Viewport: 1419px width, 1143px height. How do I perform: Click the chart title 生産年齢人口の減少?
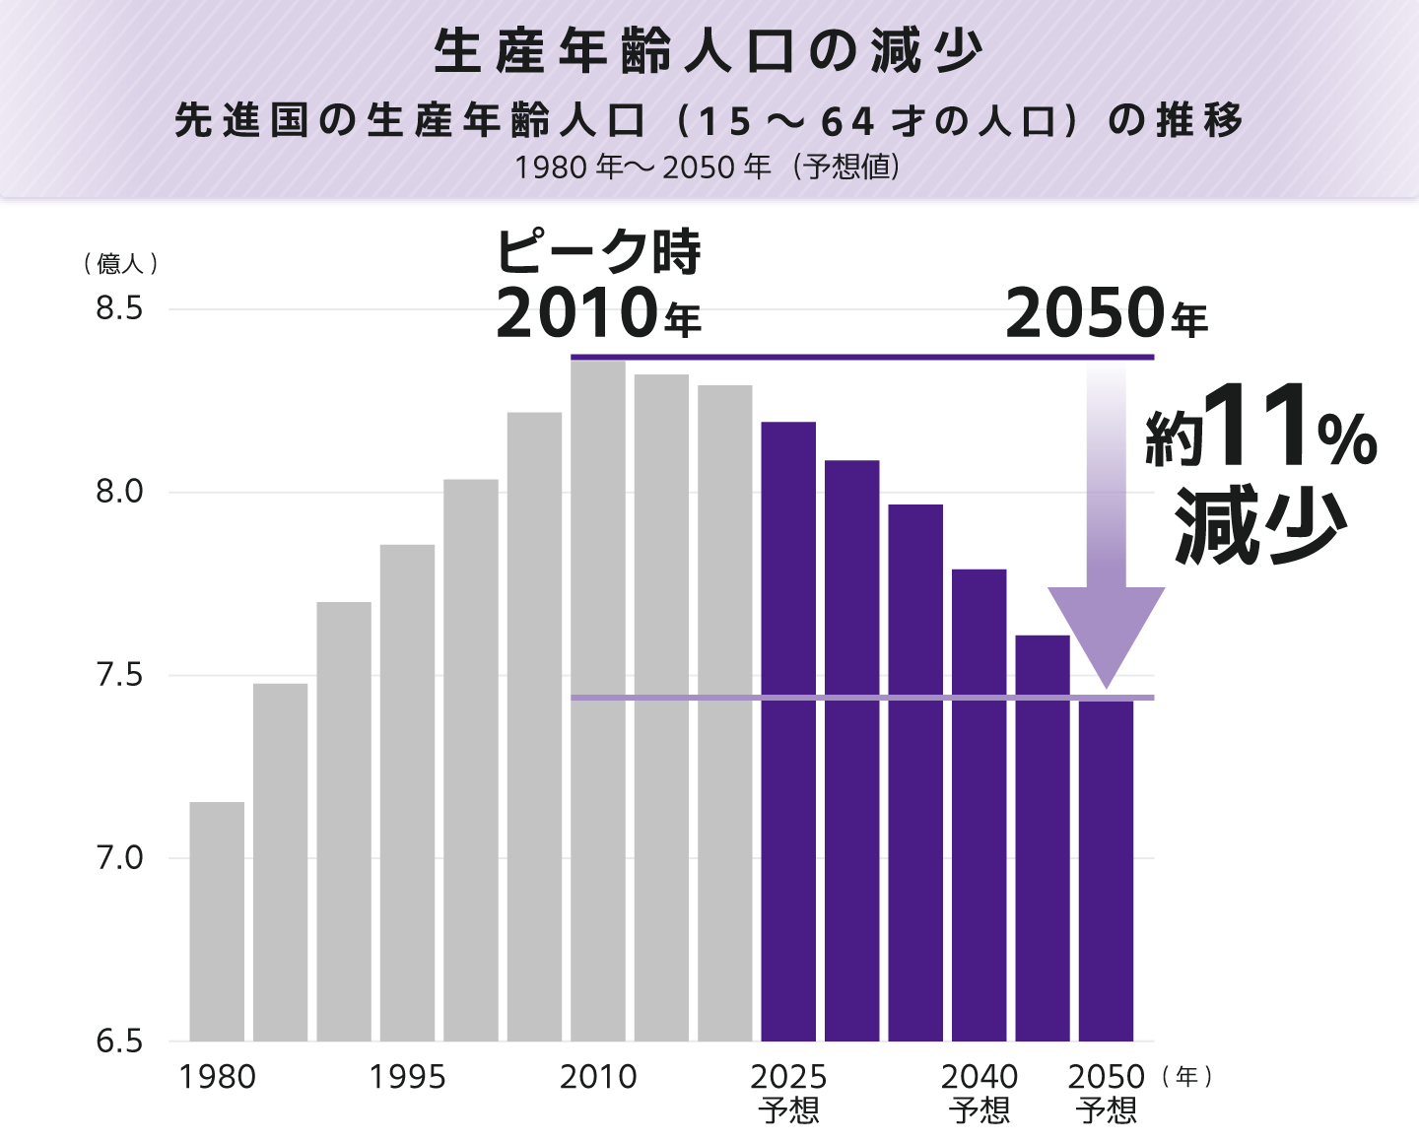tap(709, 51)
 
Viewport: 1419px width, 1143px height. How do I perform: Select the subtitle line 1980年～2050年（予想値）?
tap(708, 167)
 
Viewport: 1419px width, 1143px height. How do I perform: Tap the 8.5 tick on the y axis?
tap(119, 308)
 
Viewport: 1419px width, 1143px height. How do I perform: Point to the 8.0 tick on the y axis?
tap(119, 492)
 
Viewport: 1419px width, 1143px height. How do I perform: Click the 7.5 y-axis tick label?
tap(119, 675)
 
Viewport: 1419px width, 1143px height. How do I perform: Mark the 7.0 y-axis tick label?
tap(119, 858)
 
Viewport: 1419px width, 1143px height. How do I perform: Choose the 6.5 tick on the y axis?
tap(119, 1041)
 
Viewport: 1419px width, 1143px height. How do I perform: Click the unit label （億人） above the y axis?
tap(120, 263)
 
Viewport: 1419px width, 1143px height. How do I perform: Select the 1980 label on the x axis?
tap(217, 1077)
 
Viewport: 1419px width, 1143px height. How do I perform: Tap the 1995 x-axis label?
tap(407, 1077)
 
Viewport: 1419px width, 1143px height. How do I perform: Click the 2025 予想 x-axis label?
tap(788, 1092)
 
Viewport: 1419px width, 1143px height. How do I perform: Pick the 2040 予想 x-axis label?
tap(980, 1092)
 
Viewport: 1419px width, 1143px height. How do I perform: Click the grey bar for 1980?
tap(217, 921)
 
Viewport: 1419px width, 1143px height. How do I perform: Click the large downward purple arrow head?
tap(1106, 631)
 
